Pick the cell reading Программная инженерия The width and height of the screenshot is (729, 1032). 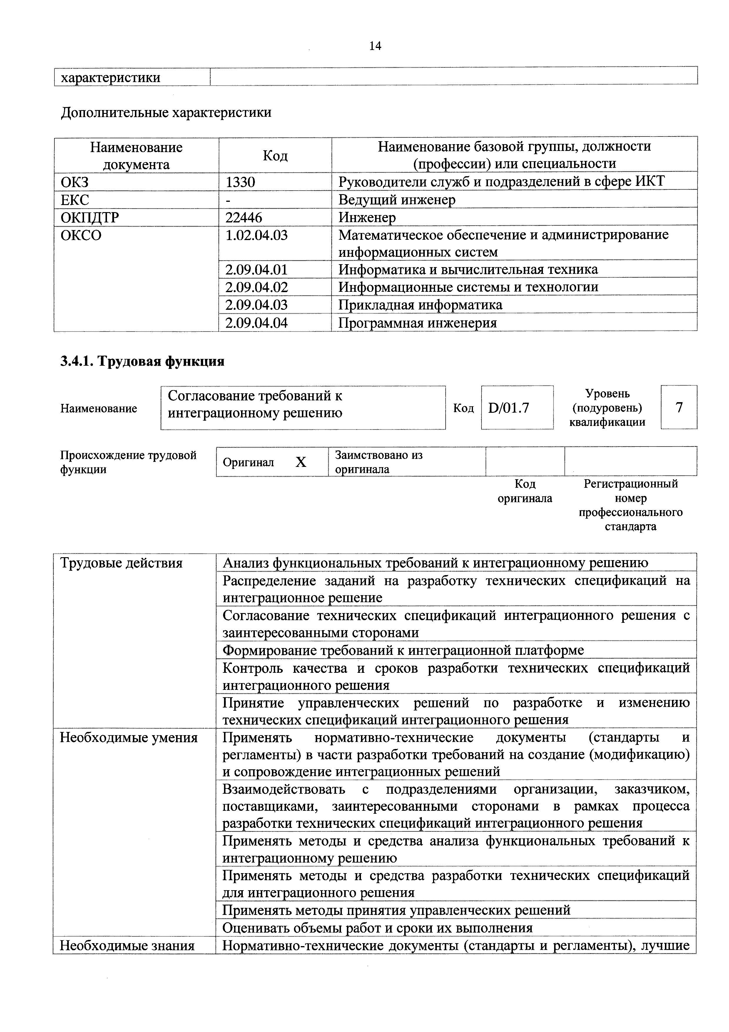pyautogui.click(x=417, y=323)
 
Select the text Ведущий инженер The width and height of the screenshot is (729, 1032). pyautogui.click(x=397, y=199)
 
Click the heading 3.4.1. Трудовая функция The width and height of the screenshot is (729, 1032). pyautogui.click(x=142, y=361)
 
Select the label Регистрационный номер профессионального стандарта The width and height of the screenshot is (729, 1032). pyautogui.click(x=630, y=505)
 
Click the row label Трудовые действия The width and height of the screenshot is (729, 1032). pyautogui.click(x=121, y=563)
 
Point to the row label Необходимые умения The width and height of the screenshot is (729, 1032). pyautogui.click(x=129, y=738)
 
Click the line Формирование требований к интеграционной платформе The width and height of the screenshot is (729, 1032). pyautogui.click(x=403, y=650)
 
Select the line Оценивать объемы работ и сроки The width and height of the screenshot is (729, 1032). pyautogui.click(x=377, y=928)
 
